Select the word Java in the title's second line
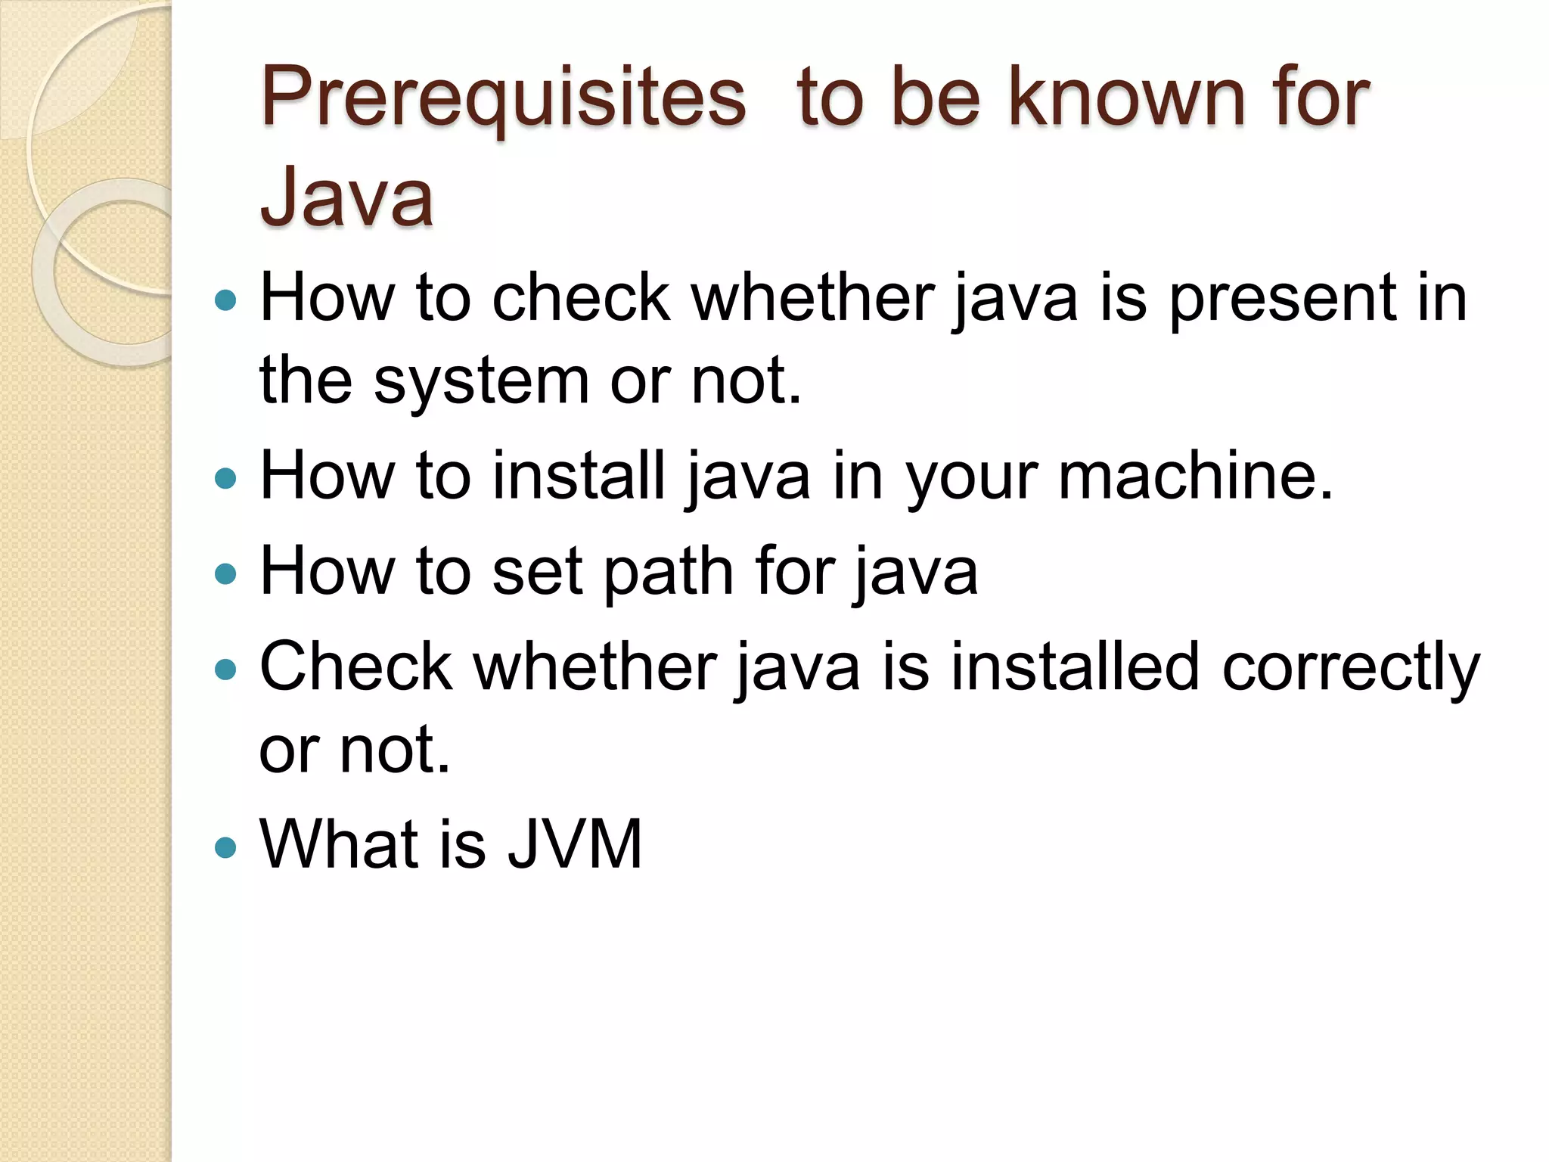346,197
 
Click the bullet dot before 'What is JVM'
225,846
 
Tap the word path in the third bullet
669,571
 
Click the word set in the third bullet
537,571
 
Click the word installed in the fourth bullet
1075,666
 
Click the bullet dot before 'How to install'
225,478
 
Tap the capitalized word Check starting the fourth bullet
355,666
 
